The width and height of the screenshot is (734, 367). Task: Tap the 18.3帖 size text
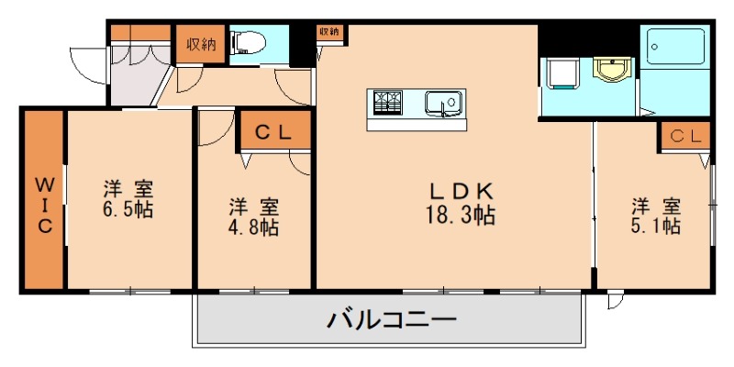click(x=462, y=217)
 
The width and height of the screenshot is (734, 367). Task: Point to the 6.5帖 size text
click(x=128, y=208)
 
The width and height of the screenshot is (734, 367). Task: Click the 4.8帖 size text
click(x=254, y=227)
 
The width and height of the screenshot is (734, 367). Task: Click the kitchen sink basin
click(x=444, y=104)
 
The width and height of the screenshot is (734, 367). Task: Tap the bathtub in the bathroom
click(x=676, y=46)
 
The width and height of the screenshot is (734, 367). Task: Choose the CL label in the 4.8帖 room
click(x=272, y=132)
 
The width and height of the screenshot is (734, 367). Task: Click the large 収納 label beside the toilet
click(x=201, y=44)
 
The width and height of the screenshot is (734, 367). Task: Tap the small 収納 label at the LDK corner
click(x=329, y=31)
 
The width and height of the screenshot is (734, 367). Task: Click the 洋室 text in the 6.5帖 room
click(x=128, y=189)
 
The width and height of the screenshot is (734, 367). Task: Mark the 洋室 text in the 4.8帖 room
click(x=254, y=206)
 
